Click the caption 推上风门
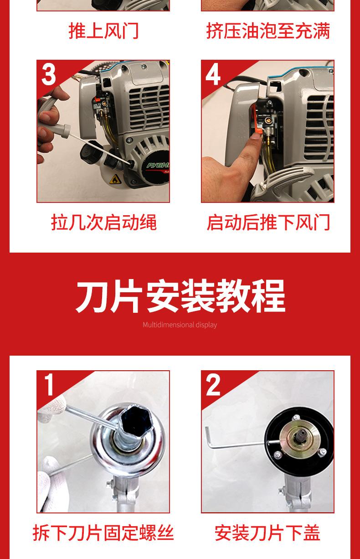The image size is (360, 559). tap(103, 31)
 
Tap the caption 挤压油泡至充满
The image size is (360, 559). tap(268, 31)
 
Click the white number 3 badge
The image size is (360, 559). tap(48, 74)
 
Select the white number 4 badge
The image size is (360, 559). tap(213, 74)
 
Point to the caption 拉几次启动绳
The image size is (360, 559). tap(104, 222)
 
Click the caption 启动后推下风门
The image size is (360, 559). tap(268, 222)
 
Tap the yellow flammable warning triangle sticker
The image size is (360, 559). tap(115, 179)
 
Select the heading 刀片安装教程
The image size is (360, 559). tap(180, 296)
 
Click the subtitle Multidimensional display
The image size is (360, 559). tap(180, 325)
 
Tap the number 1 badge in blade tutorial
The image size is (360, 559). tap(49, 384)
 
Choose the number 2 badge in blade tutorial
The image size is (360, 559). tap(213, 384)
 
